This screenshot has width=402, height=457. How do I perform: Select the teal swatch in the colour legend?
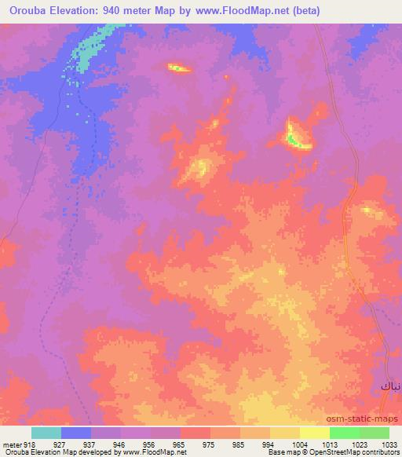click(x=46, y=433)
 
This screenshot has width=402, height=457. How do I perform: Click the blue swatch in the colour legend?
click(x=76, y=433)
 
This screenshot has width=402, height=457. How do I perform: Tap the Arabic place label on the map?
click(x=389, y=387)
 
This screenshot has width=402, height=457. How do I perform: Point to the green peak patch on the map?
click(x=293, y=140)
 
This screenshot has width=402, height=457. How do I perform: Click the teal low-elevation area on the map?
click(x=88, y=51)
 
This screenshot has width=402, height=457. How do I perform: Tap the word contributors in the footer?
click(x=379, y=452)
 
